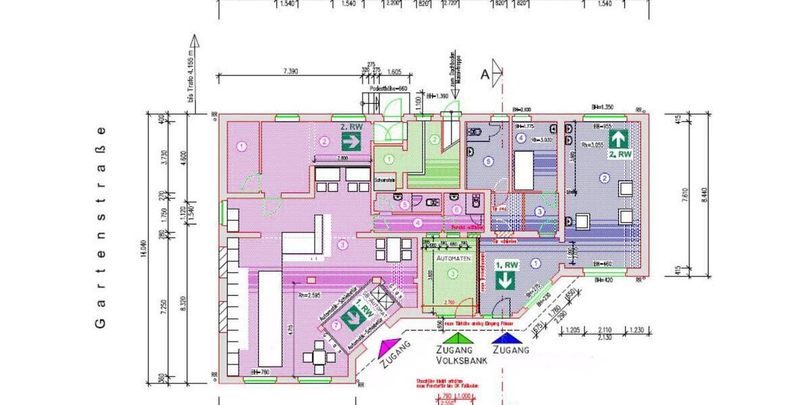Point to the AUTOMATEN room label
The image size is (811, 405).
click(x=453, y=258)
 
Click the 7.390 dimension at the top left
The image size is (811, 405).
click(x=291, y=71)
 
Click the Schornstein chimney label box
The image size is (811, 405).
click(x=384, y=180)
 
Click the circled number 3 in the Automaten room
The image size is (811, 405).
click(x=453, y=273)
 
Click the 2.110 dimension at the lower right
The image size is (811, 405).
click(x=606, y=331)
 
